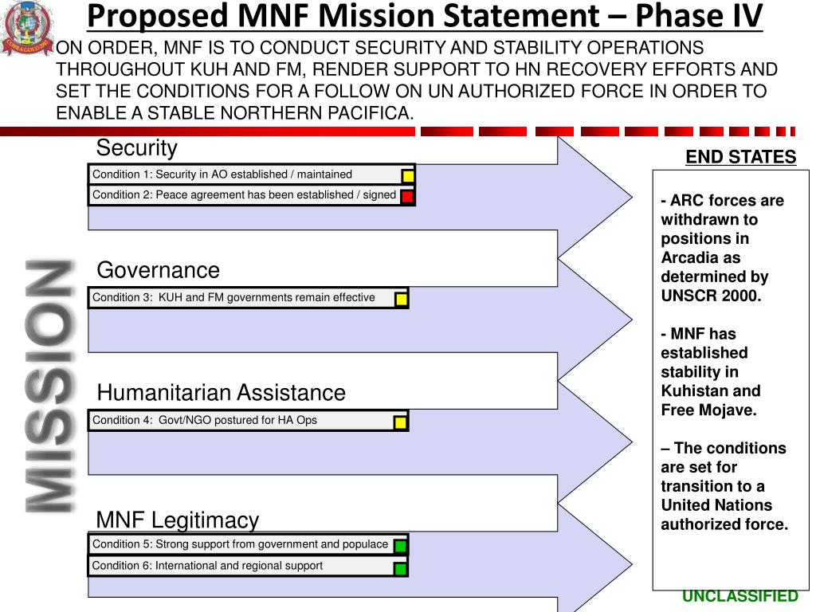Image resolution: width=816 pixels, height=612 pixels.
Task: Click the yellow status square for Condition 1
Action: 407,176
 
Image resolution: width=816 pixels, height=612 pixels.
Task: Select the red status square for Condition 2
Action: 407,197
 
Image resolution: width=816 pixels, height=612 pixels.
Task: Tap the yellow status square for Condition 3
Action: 401,300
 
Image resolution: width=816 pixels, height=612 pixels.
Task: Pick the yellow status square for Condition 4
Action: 400,422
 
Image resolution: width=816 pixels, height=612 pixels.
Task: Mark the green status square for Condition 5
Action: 400,547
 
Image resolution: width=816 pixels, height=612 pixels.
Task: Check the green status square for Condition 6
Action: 400,568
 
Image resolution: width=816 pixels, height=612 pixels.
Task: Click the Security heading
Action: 136,148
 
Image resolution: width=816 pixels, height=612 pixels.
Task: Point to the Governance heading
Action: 158,270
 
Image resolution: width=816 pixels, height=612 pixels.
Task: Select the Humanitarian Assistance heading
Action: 221,393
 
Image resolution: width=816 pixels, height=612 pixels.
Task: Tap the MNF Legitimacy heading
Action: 177,520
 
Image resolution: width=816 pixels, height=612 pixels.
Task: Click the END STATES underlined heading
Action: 740,157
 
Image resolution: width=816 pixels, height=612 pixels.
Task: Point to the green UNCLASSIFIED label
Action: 739,596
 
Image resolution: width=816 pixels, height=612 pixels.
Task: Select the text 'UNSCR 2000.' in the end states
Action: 711,296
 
